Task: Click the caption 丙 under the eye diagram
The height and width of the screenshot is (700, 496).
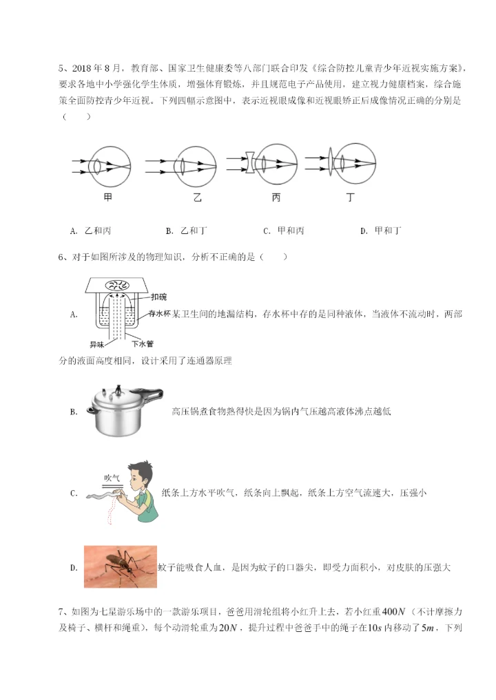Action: point(276,198)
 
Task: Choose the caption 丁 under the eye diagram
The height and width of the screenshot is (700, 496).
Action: point(351,198)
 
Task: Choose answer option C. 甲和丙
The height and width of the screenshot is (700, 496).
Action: point(283,231)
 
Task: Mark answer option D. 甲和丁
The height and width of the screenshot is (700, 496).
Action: point(380,231)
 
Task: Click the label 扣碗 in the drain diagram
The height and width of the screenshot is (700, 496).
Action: point(158,297)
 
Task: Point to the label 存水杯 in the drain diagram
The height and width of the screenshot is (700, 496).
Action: point(160,314)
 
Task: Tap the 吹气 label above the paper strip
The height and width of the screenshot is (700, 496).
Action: point(112,477)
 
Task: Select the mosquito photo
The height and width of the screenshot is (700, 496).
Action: point(120,566)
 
